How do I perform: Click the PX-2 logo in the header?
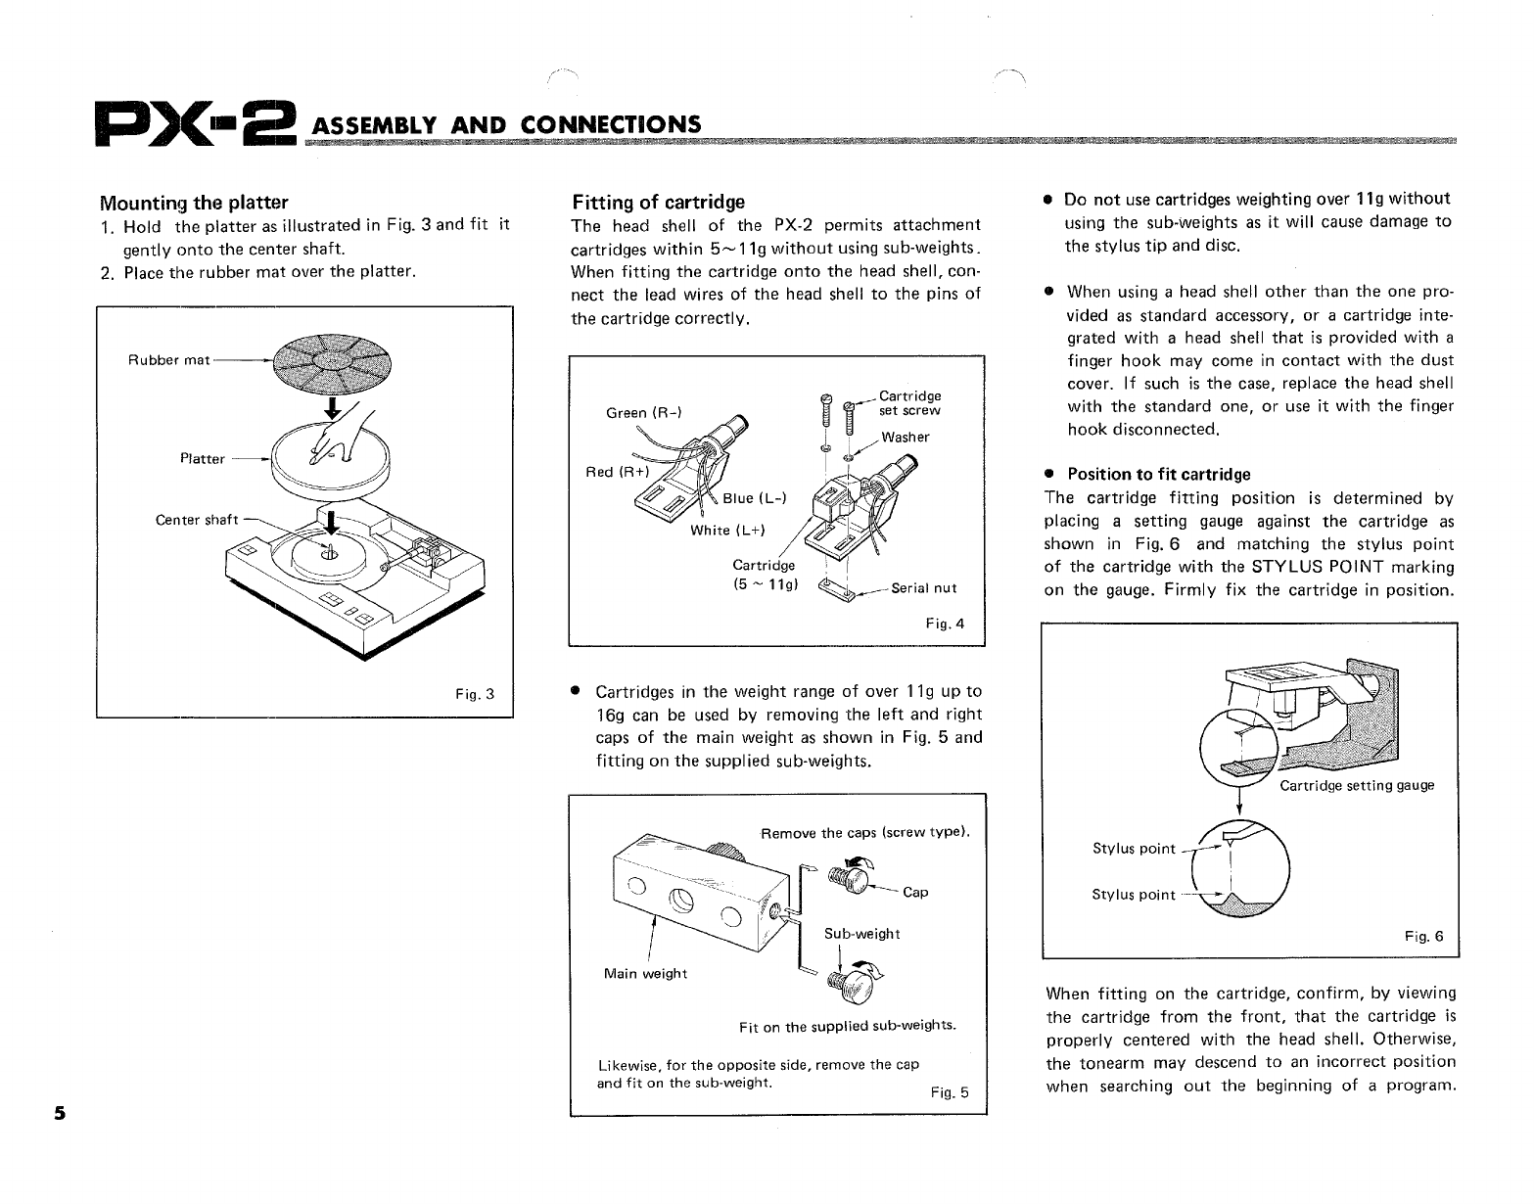pos(195,125)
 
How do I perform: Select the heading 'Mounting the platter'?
pos(194,203)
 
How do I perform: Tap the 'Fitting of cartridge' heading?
pos(658,203)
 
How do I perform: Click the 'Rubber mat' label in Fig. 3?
pos(168,360)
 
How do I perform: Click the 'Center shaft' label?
pos(197,520)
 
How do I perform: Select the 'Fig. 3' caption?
pos(475,695)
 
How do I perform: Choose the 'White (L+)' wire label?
pos(727,531)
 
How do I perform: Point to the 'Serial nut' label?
pos(924,588)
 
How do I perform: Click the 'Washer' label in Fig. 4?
pos(906,438)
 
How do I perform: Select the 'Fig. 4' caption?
pos(945,624)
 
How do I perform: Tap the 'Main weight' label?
pos(645,973)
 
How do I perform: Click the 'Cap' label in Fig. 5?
pos(915,892)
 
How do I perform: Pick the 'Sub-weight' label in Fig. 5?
pos(861,934)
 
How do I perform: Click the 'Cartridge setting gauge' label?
pos(1357,785)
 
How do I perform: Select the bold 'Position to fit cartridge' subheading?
pos(1158,475)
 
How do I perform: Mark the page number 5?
pos(60,1113)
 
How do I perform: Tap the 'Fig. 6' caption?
pos(1423,936)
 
